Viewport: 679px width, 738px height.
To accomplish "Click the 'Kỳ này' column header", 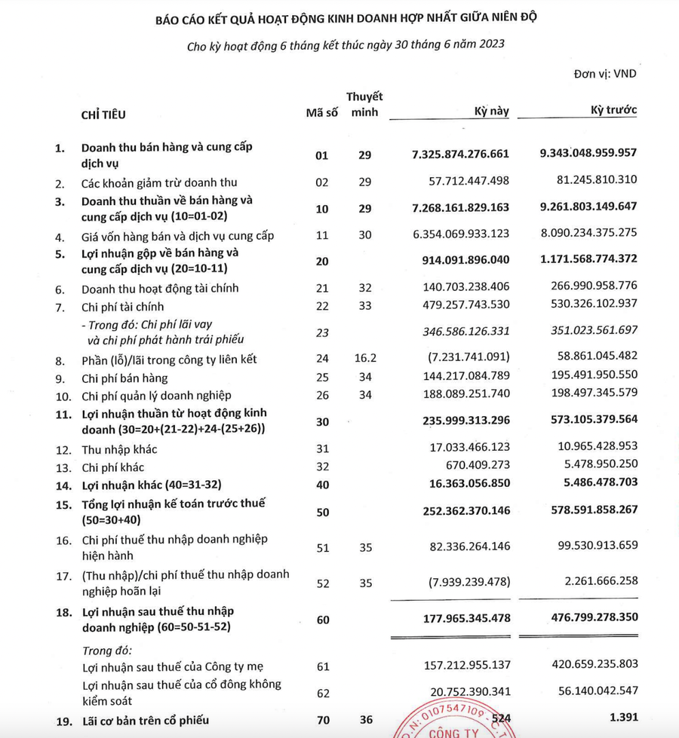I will point(491,112).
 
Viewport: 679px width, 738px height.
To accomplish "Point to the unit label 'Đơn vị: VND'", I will point(606,75).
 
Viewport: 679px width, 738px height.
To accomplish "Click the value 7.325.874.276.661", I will point(461,154).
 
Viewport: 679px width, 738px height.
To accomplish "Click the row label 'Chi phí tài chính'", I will point(122,307).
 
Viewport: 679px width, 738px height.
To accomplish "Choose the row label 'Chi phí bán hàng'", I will point(124,378).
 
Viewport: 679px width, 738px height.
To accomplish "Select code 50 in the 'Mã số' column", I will point(322,513).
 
